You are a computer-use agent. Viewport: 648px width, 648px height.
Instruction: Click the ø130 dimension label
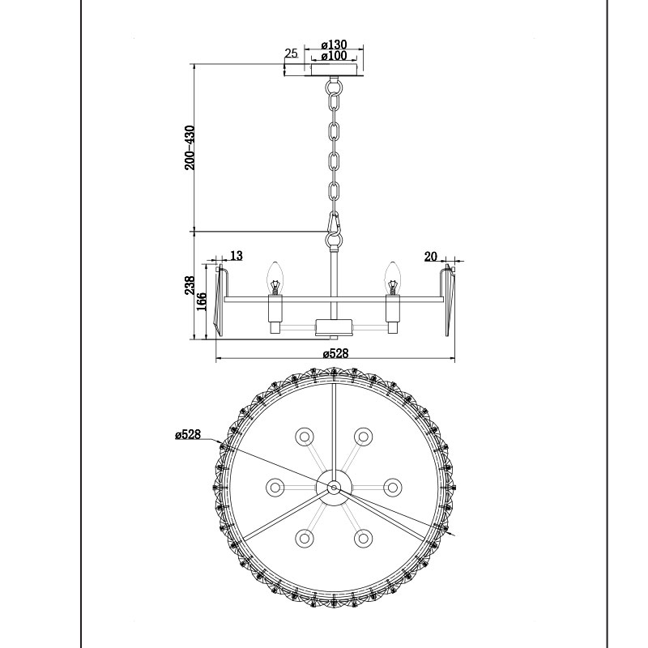(334, 45)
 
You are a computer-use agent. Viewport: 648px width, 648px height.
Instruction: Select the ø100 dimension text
(334, 55)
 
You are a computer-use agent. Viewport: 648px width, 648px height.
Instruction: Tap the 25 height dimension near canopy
(291, 53)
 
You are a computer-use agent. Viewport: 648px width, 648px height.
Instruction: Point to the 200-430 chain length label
(190, 147)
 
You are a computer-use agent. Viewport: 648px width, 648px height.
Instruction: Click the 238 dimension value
(190, 285)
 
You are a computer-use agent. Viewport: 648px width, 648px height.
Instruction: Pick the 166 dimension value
(201, 302)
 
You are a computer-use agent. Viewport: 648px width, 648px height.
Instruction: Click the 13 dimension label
(236, 256)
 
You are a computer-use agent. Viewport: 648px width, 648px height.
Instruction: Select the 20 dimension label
(430, 257)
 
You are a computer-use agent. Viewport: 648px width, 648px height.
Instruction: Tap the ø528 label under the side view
(335, 353)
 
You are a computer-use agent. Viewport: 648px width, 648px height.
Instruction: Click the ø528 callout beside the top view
(188, 434)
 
